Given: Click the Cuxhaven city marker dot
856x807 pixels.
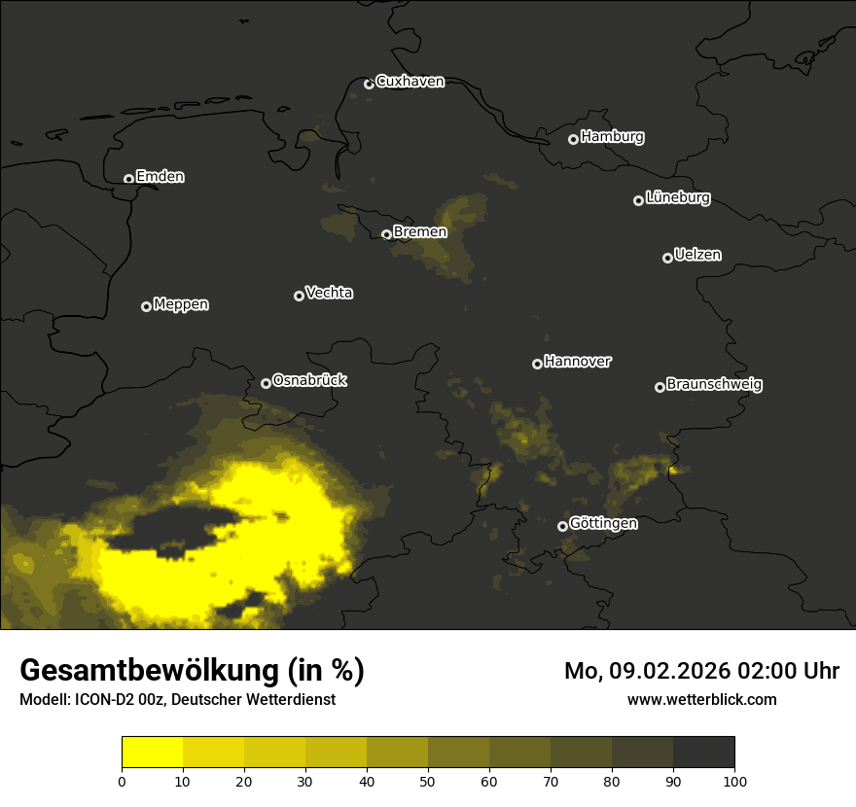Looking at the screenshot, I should click(369, 84).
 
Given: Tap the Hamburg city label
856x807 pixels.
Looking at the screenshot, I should click(612, 137).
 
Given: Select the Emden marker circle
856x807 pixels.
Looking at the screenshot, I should click(128, 179).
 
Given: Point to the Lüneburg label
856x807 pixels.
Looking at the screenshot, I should click(677, 198).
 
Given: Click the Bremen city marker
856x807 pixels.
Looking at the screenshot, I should click(386, 234).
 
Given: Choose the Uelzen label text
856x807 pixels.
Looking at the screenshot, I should click(697, 255).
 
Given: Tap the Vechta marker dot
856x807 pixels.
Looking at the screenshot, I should click(299, 296).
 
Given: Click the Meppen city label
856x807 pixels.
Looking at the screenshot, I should click(181, 304).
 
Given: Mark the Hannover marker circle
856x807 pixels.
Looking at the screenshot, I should click(537, 364).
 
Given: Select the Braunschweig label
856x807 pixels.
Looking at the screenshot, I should click(714, 385).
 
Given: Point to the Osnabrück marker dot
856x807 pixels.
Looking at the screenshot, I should click(266, 383).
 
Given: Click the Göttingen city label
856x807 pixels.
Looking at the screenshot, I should click(603, 523).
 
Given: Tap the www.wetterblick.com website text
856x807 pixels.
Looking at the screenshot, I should click(701, 699).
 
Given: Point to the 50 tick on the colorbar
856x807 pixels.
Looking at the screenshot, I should click(428, 781).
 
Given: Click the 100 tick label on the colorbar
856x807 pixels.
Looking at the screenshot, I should click(734, 781).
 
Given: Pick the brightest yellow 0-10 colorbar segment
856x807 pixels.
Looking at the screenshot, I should click(153, 753).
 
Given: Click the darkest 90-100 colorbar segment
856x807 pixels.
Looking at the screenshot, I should click(703, 753).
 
